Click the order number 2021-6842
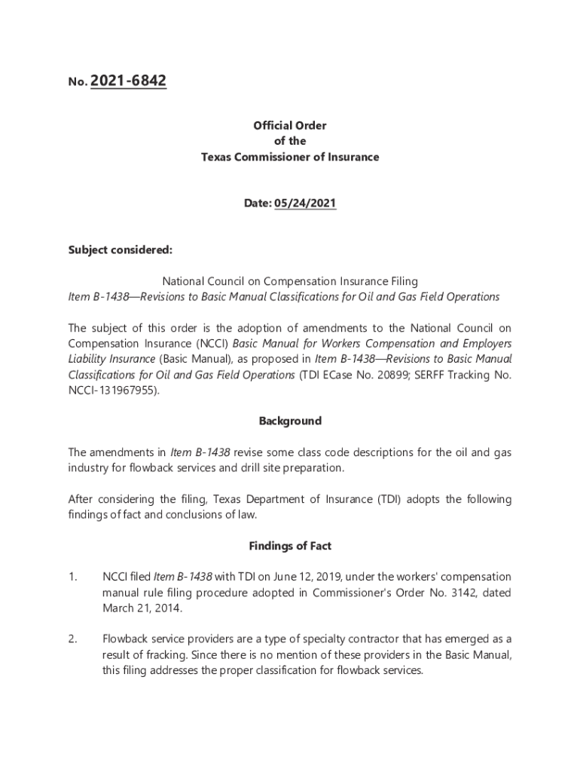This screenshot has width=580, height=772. click(128, 81)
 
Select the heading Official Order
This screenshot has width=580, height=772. click(290, 125)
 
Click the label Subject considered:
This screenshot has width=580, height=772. click(110, 250)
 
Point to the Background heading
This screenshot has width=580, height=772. click(290, 421)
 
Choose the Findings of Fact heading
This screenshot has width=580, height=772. click(290, 546)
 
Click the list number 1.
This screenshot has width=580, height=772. click(72, 577)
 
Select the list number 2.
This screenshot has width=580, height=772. click(72, 639)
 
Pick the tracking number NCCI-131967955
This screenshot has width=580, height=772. click(112, 390)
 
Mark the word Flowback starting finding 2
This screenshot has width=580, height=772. click(126, 639)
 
